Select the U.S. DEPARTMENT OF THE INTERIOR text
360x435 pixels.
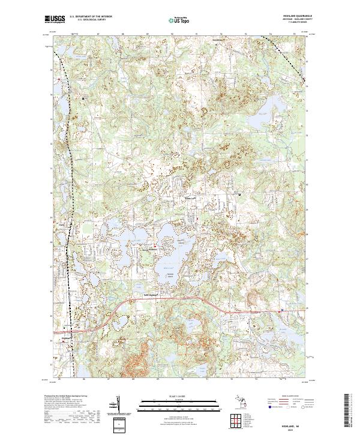tap(91, 16)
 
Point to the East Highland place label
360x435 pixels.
tap(154, 295)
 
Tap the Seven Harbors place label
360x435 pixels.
tap(148, 245)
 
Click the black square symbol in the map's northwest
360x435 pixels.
tap(83, 98)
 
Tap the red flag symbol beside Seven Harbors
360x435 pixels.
tap(155, 245)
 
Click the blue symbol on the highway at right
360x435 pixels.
tap(281, 310)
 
